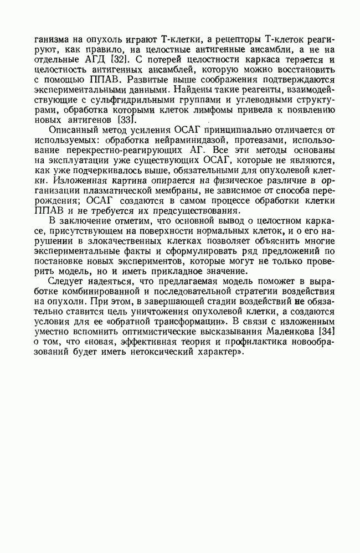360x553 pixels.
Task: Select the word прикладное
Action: pyautogui.click(x=173, y=271)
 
